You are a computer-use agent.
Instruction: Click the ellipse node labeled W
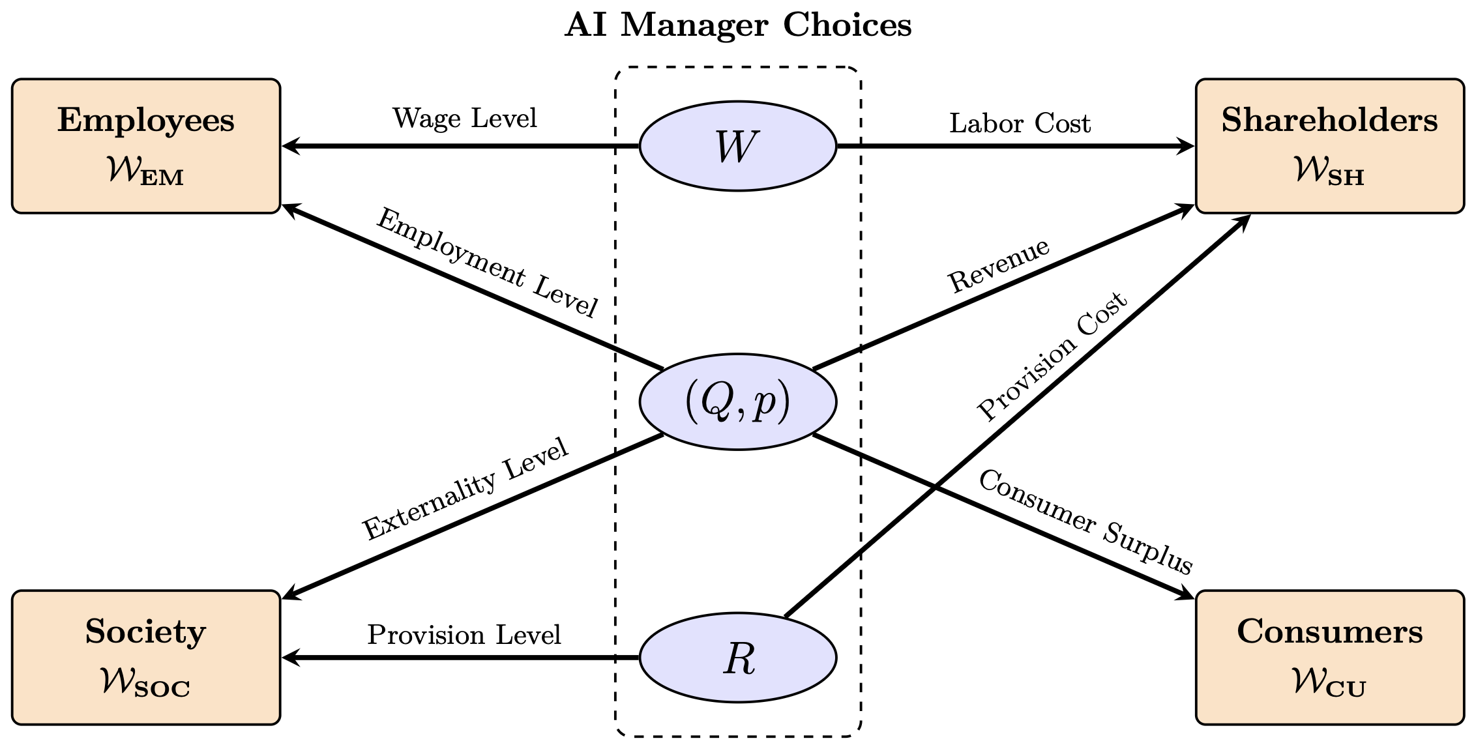[x=737, y=146]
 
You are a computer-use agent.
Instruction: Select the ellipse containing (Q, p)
[x=737, y=401]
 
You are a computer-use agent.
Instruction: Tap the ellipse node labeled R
[x=737, y=658]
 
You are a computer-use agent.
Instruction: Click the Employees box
[x=146, y=146]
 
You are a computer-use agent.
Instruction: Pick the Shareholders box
[x=1329, y=146]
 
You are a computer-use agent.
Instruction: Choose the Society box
[x=146, y=658]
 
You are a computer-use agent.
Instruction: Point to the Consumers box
[x=1329, y=658]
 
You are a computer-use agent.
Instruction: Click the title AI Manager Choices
[x=737, y=25]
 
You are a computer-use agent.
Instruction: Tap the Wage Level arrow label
[x=464, y=119]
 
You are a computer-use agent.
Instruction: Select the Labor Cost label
[x=1020, y=123]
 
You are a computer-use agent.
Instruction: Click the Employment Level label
[x=487, y=263]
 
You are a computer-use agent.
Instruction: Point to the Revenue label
[x=999, y=265]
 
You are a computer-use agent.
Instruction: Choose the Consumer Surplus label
[x=1085, y=522]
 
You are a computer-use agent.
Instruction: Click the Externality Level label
[x=465, y=489]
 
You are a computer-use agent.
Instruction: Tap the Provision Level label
[x=464, y=635]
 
